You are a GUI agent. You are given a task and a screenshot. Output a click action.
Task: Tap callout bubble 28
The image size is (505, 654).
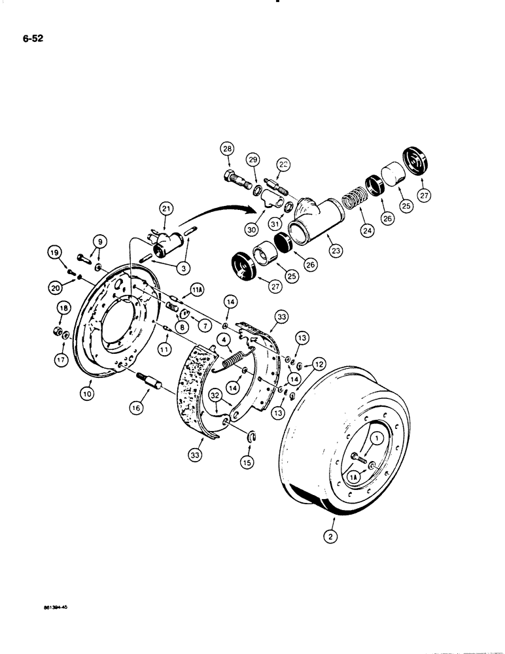tap(227, 150)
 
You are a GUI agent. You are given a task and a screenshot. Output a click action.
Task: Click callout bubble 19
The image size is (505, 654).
tap(54, 251)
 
